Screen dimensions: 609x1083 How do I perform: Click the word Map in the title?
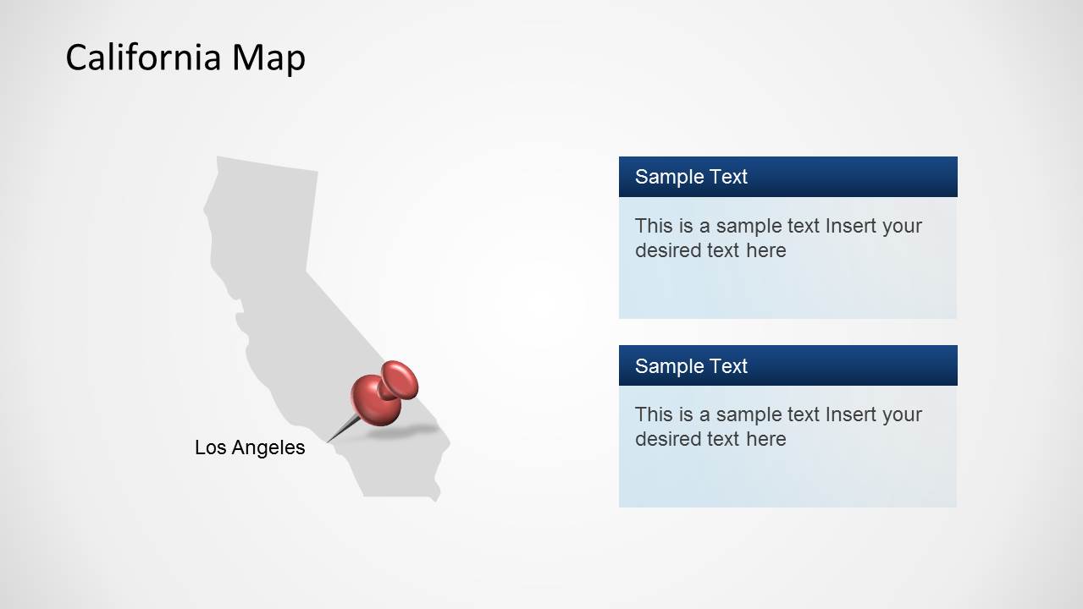tap(268, 58)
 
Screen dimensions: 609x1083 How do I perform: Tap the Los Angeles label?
tap(250, 447)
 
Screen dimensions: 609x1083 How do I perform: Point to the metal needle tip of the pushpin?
tap(329, 440)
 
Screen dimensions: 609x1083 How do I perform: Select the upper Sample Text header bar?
tap(787, 177)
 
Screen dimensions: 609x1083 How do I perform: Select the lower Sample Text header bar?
tap(787, 365)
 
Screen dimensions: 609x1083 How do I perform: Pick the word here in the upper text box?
tap(766, 250)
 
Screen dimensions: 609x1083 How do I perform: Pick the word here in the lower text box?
tap(766, 439)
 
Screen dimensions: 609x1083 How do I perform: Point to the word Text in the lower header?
tap(728, 365)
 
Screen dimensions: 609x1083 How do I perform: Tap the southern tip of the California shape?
tap(435, 499)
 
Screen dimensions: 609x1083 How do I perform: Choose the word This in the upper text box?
tap(652, 226)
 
